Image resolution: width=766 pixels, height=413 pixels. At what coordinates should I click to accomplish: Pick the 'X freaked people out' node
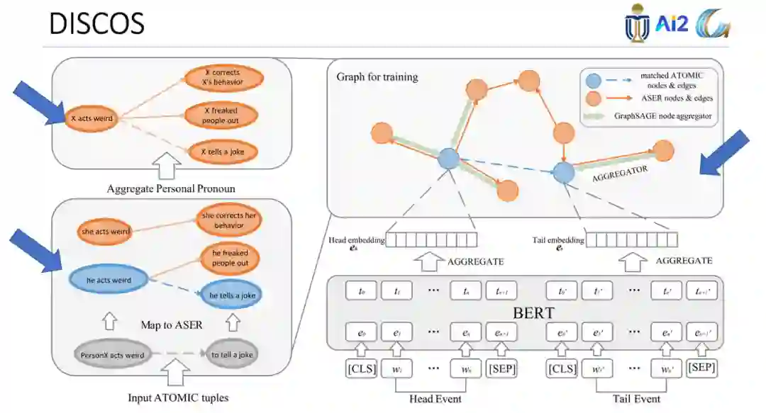[221, 115]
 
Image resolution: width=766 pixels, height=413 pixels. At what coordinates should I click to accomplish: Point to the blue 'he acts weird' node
[108, 280]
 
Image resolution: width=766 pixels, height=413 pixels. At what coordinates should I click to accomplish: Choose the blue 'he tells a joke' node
[230, 295]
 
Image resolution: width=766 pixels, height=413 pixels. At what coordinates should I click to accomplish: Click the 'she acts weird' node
[104, 231]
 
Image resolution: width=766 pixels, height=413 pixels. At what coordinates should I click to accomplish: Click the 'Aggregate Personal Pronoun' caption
[170, 188]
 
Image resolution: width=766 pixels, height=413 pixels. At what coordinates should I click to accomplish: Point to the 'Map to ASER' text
[170, 325]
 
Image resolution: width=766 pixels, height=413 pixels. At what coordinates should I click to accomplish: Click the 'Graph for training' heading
[377, 77]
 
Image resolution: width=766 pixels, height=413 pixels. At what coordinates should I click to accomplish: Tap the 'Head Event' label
[435, 399]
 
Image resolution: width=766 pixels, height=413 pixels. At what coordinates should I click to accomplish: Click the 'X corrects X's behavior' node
[221, 77]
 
